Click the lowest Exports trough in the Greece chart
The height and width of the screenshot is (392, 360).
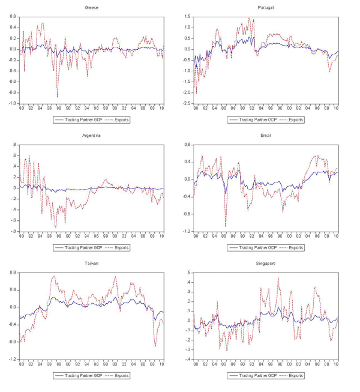pos(58,96)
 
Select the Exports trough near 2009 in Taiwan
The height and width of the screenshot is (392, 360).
pos(155,346)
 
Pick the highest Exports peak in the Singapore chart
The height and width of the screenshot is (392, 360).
pos(278,278)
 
